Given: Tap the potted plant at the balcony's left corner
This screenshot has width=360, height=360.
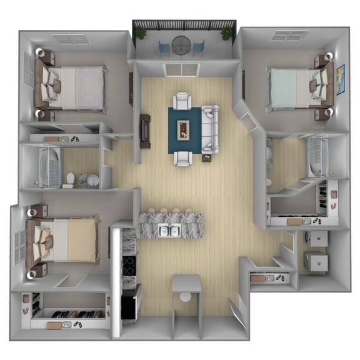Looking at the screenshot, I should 141,32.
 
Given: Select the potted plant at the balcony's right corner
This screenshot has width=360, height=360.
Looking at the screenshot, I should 226,32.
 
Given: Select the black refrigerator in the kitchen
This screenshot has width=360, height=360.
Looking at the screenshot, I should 130,302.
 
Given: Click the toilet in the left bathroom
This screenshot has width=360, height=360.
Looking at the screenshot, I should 69,180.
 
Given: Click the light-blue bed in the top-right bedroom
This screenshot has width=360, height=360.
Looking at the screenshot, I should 294,88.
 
